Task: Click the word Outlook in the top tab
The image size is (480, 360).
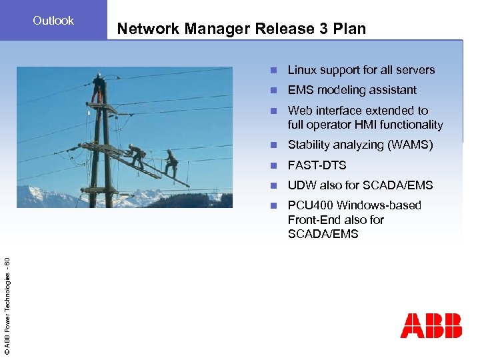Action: tap(53, 21)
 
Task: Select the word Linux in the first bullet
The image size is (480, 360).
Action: tap(302, 70)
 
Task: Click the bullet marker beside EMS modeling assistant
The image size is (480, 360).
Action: tap(273, 91)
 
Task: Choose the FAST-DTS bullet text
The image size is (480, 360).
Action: tap(317, 165)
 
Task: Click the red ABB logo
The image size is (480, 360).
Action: tap(431, 325)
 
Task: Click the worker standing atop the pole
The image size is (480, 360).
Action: tap(98, 87)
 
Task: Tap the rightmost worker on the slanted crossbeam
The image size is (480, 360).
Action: tap(171, 163)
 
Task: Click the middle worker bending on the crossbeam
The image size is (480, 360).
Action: tap(137, 156)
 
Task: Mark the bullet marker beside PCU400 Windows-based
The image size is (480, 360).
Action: tap(273, 206)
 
